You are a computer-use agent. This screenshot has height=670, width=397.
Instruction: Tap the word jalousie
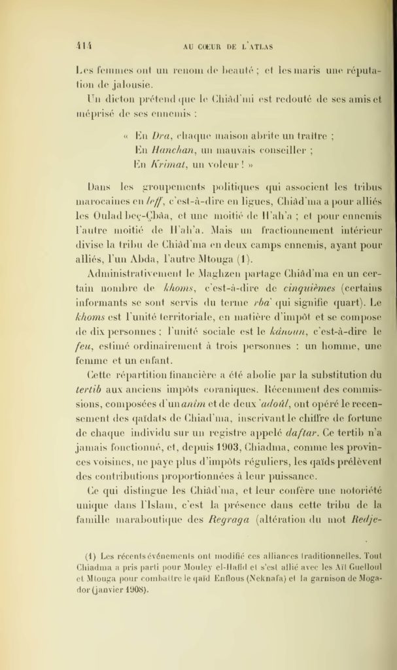pyautogui.click(x=132, y=84)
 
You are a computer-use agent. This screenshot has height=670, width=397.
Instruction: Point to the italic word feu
pyautogui.click(x=84, y=349)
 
